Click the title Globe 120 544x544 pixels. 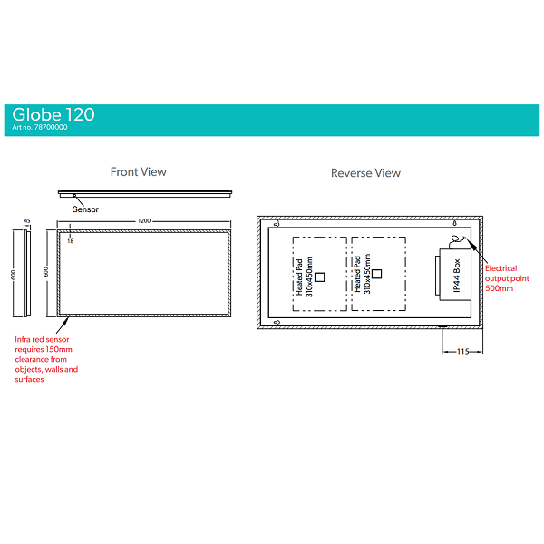point(53,114)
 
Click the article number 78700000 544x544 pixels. point(40,128)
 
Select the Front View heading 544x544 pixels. point(138,171)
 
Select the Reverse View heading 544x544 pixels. point(365,172)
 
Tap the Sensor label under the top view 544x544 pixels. point(85,209)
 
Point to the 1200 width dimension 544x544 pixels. point(144,221)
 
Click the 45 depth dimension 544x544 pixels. point(27,221)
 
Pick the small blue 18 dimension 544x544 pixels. point(70,240)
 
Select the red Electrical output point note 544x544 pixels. point(501,277)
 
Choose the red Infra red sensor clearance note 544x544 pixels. point(46,359)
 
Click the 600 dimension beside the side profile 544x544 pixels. point(14,275)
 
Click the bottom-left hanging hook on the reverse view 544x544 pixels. point(276,322)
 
